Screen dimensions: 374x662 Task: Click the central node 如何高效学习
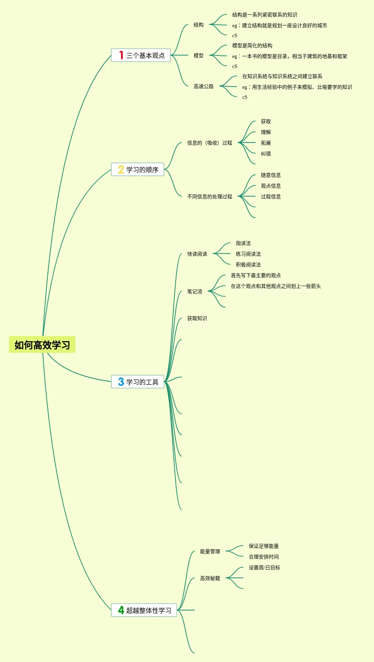click(42, 345)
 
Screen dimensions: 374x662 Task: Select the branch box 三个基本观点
click(141, 55)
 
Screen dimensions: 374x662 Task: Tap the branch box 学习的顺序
click(137, 169)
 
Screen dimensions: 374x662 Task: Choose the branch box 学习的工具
click(137, 382)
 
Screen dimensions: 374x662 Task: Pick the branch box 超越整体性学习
click(144, 610)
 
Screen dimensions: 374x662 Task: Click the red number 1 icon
click(121, 55)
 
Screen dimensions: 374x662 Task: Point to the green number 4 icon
click(121, 610)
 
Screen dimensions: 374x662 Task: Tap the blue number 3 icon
click(121, 382)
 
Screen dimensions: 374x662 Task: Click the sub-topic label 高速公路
click(203, 86)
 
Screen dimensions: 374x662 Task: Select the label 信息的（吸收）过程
click(209, 143)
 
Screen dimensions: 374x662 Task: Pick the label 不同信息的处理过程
click(209, 197)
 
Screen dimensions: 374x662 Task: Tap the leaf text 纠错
click(266, 154)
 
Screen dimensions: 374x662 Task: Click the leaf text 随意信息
click(271, 175)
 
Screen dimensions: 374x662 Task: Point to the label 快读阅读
click(197, 254)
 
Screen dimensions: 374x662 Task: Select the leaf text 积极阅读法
click(248, 265)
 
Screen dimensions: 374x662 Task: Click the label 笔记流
click(194, 291)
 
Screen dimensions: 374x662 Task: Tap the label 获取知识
click(197, 318)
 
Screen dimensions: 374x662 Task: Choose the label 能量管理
click(210, 551)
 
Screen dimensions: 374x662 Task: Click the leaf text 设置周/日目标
click(264, 567)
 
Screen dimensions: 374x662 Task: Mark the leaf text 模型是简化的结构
click(252, 45)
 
